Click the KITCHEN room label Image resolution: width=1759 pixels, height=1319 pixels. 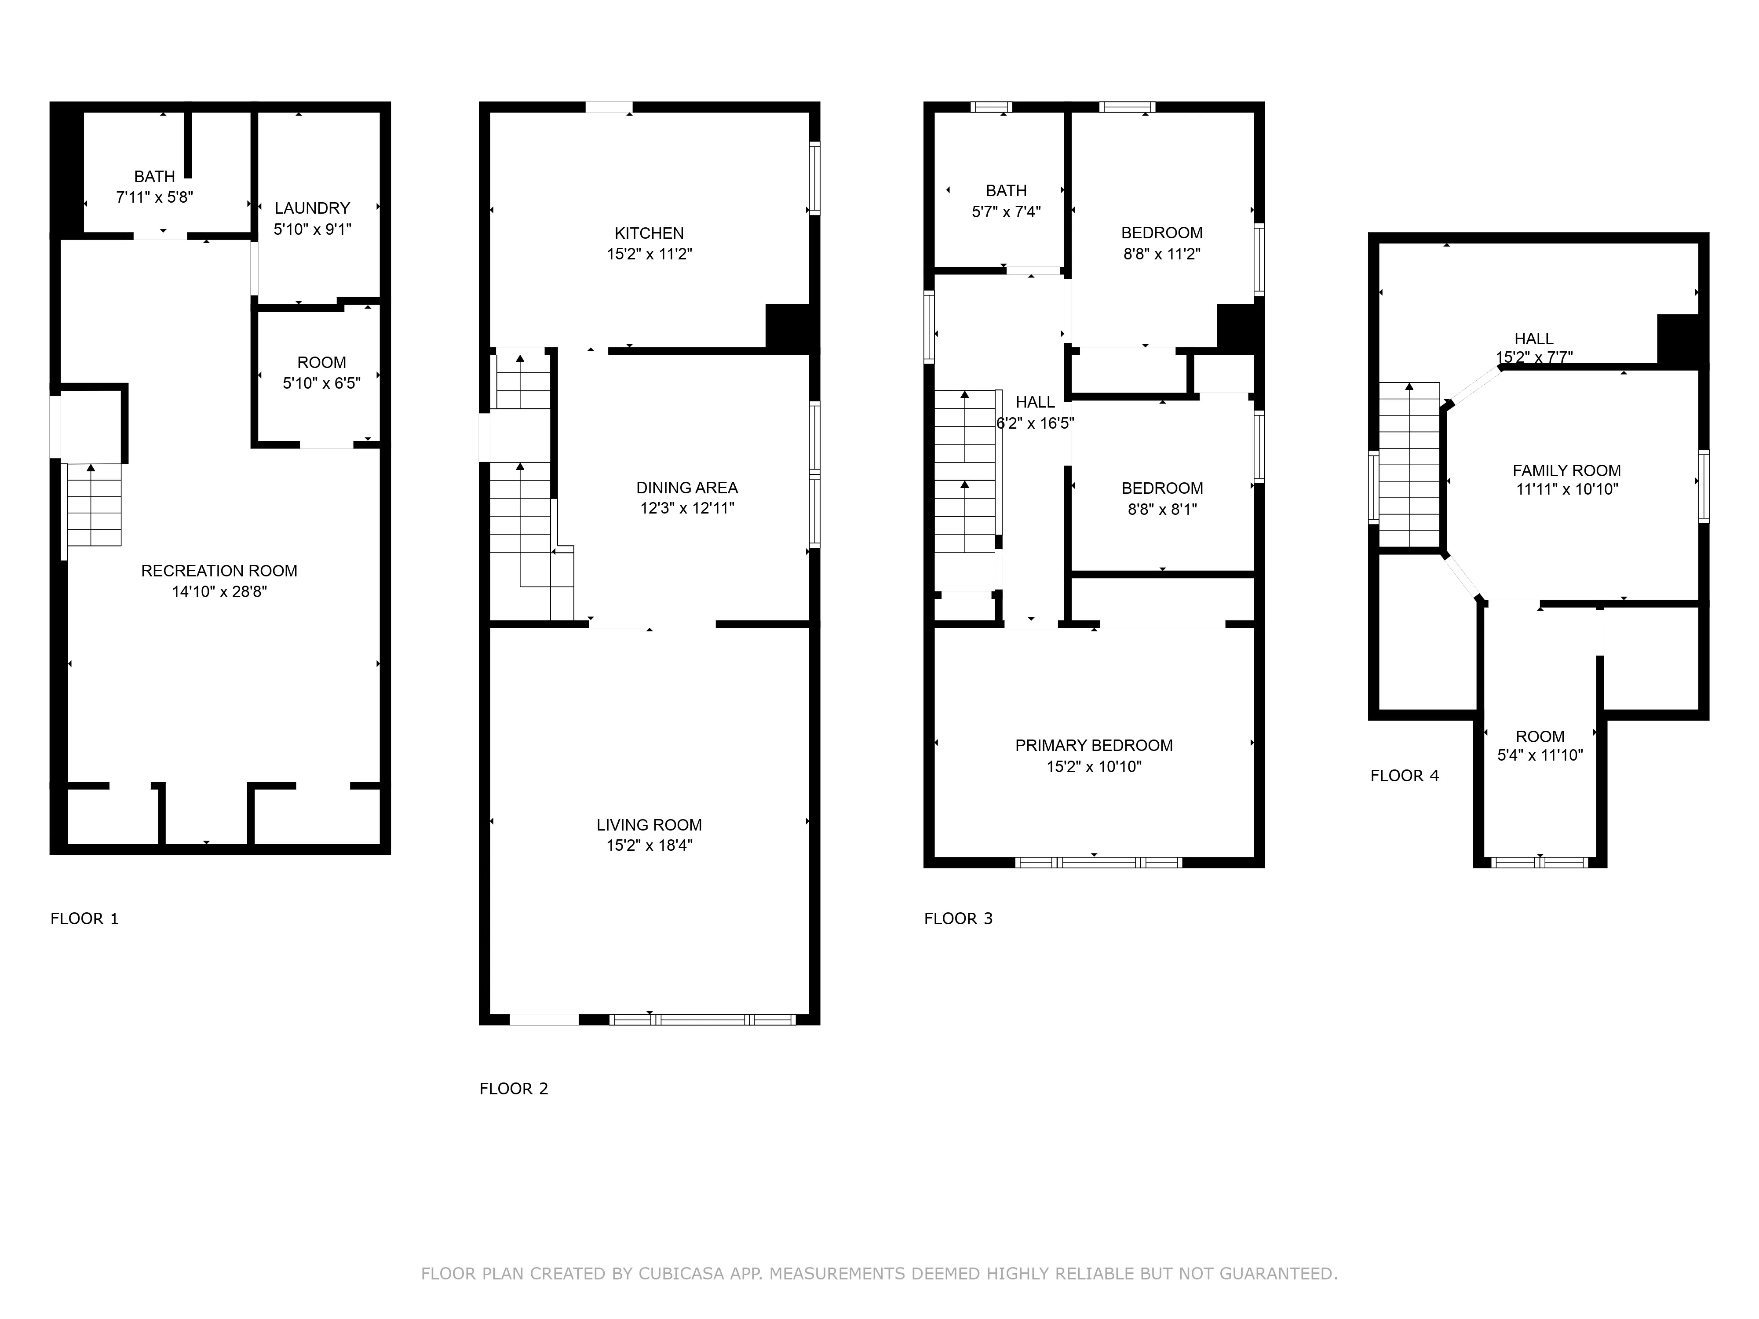click(649, 233)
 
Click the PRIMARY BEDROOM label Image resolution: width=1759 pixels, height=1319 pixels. click(1093, 745)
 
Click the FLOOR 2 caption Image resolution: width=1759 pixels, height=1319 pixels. click(514, 1089)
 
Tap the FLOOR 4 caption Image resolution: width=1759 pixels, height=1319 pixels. click(1404, 776)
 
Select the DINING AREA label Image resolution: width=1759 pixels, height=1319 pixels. click(686, 487)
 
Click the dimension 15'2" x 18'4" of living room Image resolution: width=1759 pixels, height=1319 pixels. click(649, 845)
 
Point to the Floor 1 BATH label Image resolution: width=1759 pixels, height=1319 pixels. click(154, 176)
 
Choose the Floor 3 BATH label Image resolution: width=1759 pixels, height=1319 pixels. click(1006, 191)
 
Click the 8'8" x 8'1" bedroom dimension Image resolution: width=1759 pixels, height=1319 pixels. click(1162, 509)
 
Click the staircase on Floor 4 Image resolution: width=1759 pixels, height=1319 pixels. click(1409, 465)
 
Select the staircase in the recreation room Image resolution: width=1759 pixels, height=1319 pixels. click(94, 505)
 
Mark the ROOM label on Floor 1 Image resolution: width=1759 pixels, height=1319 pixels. click(321, 363)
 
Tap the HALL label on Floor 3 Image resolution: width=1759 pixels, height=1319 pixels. click(1035, 402)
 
